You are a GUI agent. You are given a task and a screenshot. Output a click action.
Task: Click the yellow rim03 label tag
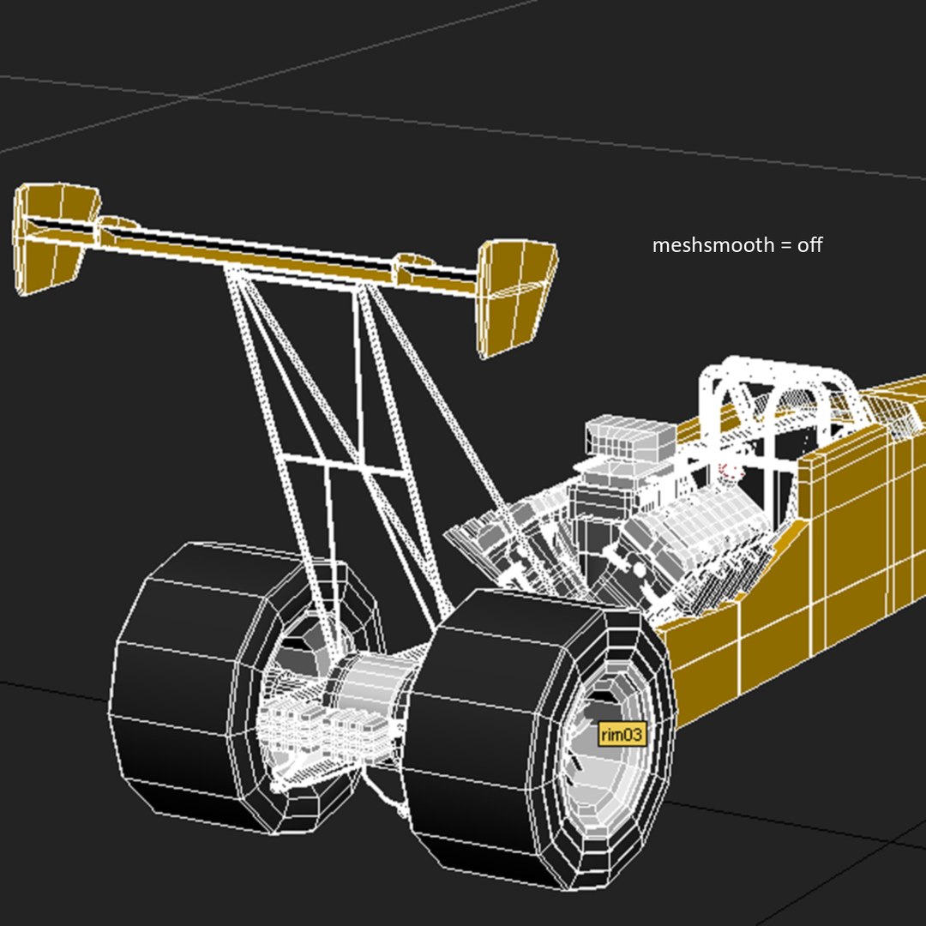pos(622,734)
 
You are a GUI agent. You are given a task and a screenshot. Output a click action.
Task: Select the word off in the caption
pos(809,245)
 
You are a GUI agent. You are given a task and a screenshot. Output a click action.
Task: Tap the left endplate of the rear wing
pos(51,236)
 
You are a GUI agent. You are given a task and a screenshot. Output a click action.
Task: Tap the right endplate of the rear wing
pos(514,296)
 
